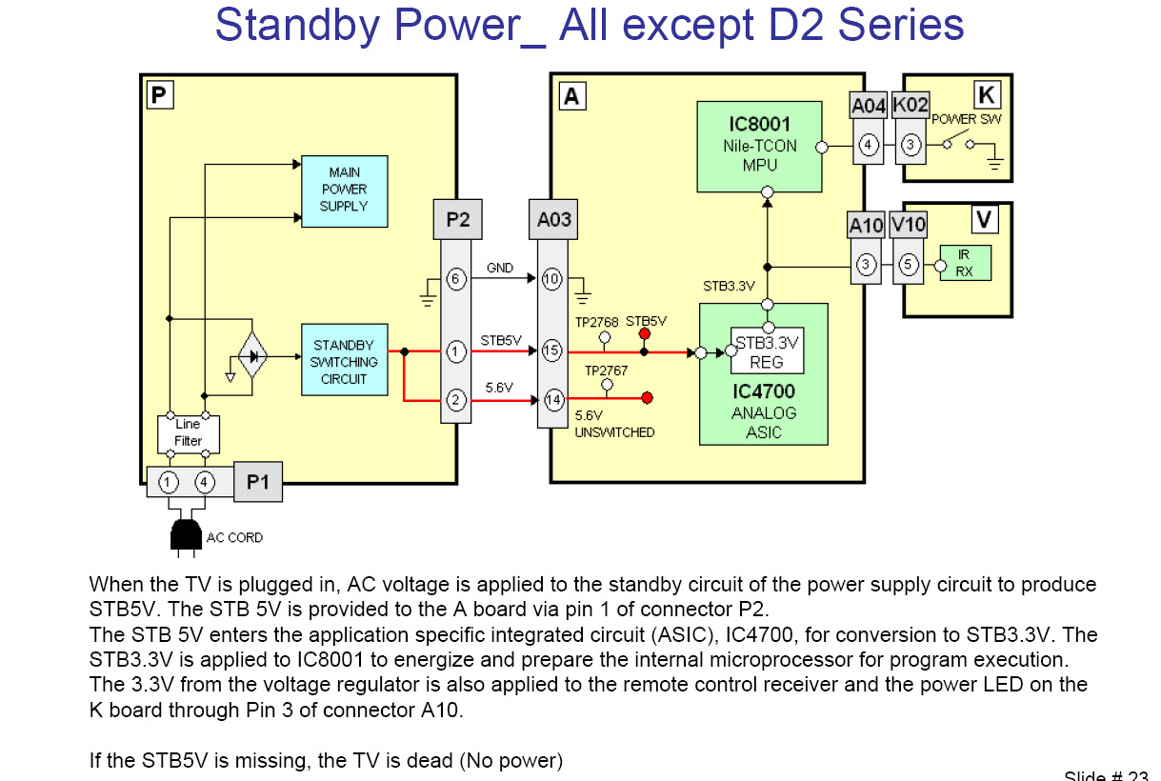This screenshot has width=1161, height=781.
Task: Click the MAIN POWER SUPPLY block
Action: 344,190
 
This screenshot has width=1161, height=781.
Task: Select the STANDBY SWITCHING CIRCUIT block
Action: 344,362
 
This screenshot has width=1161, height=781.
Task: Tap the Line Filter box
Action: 188,433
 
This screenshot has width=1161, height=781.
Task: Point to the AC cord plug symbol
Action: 187,535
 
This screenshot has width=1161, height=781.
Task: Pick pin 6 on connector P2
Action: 456,279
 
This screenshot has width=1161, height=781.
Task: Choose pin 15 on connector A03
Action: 552,351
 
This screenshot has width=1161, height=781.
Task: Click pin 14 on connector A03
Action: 552,400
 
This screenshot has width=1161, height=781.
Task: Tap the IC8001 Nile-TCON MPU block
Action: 759,146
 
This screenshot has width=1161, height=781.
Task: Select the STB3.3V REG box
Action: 767,351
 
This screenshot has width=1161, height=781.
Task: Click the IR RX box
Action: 964,263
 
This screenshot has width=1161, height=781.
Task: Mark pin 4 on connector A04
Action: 868,146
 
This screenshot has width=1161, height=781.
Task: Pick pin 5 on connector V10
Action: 909,264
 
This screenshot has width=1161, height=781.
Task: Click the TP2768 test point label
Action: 597,323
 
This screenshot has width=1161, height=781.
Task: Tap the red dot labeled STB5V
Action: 645,333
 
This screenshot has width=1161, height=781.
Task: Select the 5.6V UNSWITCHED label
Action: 614,425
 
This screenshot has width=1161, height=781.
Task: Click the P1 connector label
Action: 258,482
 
